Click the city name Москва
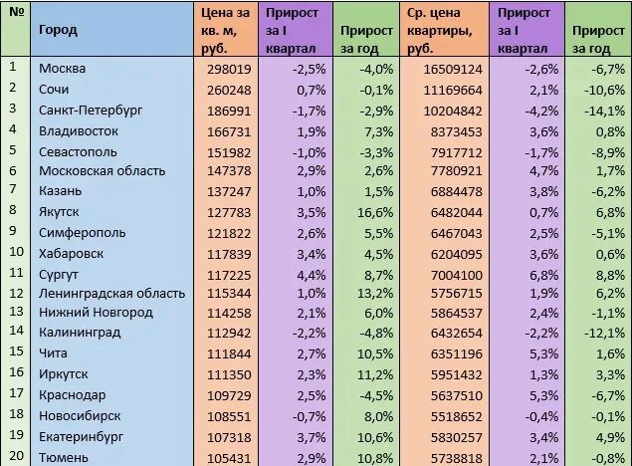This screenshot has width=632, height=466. (x=62, y=69)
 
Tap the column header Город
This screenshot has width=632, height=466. (x=58, y=29)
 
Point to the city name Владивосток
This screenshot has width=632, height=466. (x=79, y=130)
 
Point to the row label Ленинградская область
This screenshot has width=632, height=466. (x=111, y=294)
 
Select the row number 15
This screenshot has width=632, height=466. (x=14, y=352)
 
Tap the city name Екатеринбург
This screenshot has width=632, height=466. (x=81, y=437)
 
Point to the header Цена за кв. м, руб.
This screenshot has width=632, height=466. (x=224, y=29)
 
